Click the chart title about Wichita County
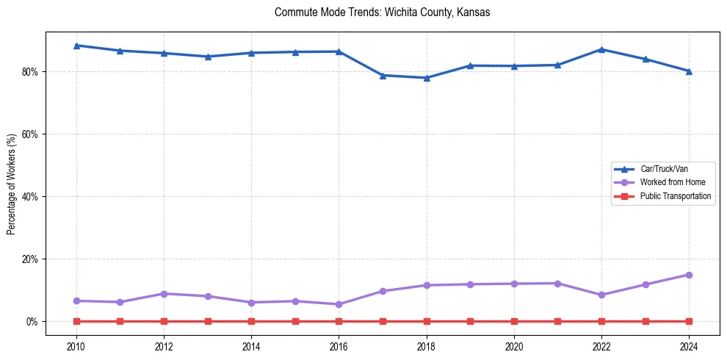(x=382, y=12)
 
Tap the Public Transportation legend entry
(x=675, y=196)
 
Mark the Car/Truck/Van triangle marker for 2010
(x=76, y=46)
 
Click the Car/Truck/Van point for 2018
(x=427, y=78)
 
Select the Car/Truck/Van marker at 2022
(x=601, y=49)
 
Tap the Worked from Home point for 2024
(x=689, y=275)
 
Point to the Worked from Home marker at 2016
(x=339, y=304)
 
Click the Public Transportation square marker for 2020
(x=514, y=321)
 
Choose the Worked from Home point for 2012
(x=164, y=294)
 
